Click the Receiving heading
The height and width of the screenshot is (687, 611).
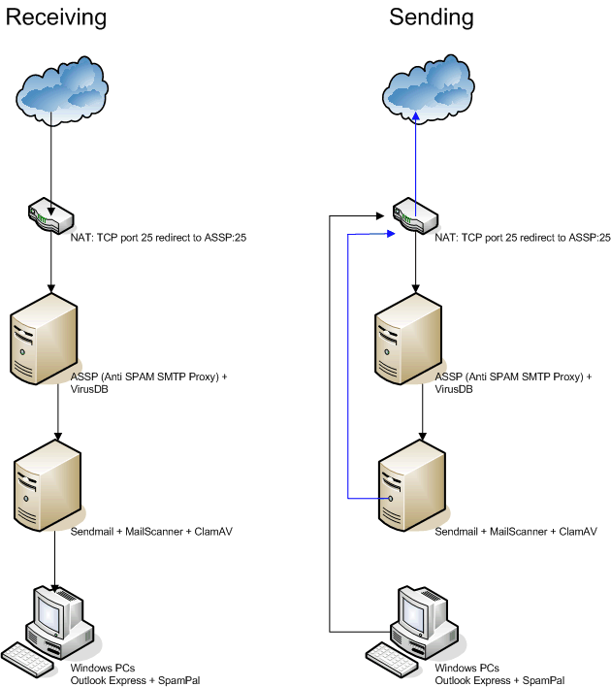[56, 17]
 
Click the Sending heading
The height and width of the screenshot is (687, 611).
[432, 17]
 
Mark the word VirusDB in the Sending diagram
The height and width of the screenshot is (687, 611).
[456, 388]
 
